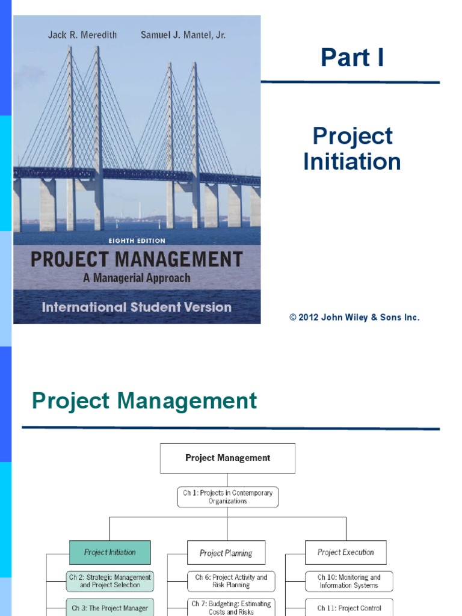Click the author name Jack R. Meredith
(x=82, y=35)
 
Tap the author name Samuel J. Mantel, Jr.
(x=183, y=35)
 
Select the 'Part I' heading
(x=352, y=57)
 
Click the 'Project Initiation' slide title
(x=352, y=149)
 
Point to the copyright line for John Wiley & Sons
(x=354, y=317)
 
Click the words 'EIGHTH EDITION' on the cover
(x=137, y=241)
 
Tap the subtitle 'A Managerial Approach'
(x=137, y=278)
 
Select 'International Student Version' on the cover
(x=137, y=307)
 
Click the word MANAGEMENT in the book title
(x=179, y=259)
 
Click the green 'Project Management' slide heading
(x=144, y=401)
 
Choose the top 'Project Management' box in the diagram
(x=227, y=458)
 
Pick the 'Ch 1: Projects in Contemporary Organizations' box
(x=227, y=497)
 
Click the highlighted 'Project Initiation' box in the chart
(x=110, y=552)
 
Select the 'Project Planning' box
(x=226, y=553)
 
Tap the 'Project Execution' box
(x=346, y=552)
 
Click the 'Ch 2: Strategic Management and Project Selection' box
(x=110, y=581)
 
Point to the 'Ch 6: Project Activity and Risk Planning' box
(x=231, y=581)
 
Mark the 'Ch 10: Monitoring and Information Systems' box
(x=349, y=581)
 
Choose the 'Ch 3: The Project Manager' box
(x=110, y=608)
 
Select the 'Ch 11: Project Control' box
(x=349, y=608)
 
